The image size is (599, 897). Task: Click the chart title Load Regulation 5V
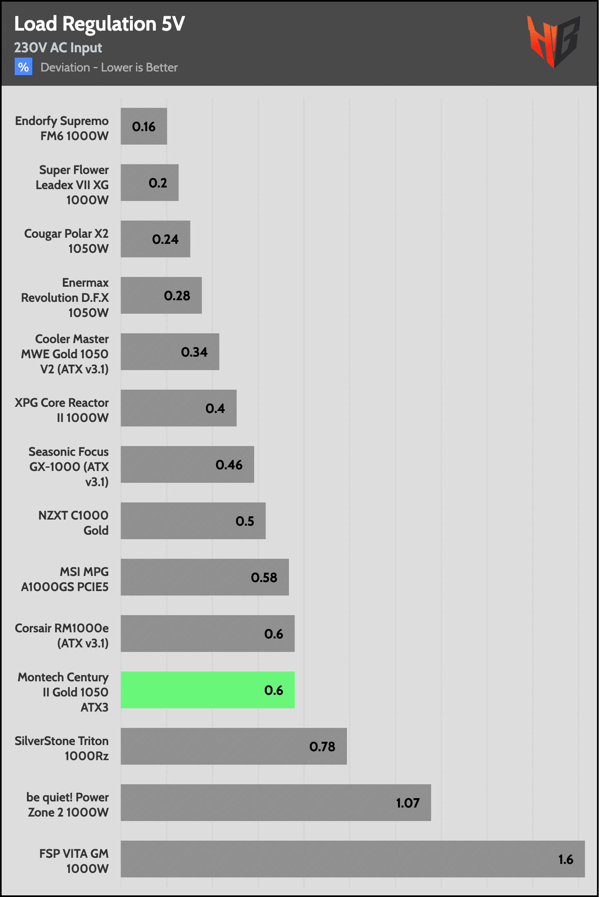[x=99, y=24]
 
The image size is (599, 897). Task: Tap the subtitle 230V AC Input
[x=58, y=48]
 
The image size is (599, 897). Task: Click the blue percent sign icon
[x=23, y=67]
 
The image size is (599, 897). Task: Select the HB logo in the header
[x=553, y=41]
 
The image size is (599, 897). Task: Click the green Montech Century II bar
[x=207, y=689]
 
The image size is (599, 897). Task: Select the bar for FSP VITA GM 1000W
[x=352, y=859]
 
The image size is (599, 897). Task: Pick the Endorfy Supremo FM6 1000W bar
[x=143, y=126]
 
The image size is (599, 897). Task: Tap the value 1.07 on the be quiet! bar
[x=408, y=803]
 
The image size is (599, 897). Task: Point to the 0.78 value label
[x=322, y=747]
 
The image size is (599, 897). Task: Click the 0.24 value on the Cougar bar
[x=165, y=239]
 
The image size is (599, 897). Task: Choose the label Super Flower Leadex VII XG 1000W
[x=73, y=185]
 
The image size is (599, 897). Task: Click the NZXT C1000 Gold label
[x=74, y=523]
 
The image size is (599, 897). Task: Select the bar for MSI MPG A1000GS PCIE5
[x=204, y=577]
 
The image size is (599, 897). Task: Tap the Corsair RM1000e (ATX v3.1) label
[x=62, y=636]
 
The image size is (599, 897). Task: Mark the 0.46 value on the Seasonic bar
[x=229, y=465]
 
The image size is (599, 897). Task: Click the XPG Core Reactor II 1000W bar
[x=178, y=408]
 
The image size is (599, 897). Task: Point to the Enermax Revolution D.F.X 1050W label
[x=65, y=297]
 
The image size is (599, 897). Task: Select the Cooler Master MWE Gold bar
[x=170, y=352]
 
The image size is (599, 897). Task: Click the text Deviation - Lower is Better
[x=109, y=67]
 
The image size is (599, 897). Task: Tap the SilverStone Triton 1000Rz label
[x=62, y=748]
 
